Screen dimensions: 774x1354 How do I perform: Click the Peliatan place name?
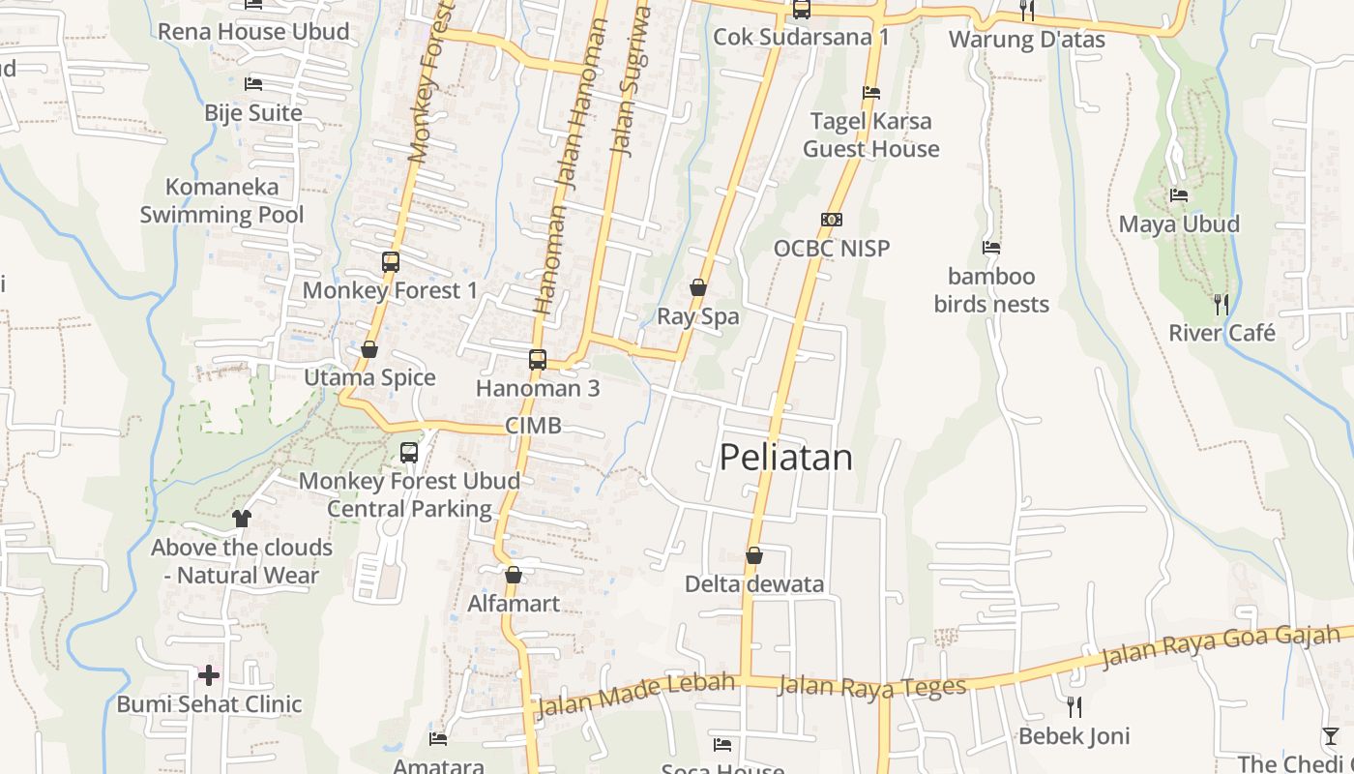[x=786, y=458]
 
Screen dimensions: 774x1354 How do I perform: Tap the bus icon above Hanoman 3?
[x=538, y=360]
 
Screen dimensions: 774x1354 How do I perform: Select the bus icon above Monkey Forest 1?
[x=391, y=262]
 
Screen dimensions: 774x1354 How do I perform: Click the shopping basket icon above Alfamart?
[x=514, y=575]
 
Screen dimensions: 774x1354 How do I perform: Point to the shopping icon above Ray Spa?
[x=697, y=287]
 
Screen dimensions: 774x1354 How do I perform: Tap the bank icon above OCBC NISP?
[x=832, y=220]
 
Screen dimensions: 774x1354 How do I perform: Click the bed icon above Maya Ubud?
[x=1178, y=195]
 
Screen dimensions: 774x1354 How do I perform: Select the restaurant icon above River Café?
[x=1222, y=305]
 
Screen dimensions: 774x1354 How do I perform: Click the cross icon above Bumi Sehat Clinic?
[x=209, y=675]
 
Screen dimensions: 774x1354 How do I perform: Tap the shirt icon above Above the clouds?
[x=242, y=519]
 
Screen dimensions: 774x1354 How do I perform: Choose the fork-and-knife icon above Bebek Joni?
[x=1074, y=707]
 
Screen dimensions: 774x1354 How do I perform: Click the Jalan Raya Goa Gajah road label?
[x=1222, y=647]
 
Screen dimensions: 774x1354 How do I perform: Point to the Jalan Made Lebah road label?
[x=634, y=695]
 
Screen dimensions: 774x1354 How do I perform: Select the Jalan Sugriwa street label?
[x=630, y=79]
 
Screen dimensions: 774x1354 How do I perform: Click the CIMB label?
[x=533, y=427]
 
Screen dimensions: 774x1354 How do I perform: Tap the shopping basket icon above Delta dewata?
[x=754, y=555]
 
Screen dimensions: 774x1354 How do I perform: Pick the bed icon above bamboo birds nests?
[x=990, y=248]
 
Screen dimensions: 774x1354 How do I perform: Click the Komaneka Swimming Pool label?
[x=221, y=201]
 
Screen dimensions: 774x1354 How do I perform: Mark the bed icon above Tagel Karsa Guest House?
[x=871, y=93]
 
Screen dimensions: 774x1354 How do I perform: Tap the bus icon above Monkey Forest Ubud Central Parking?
[x=409, y=452]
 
